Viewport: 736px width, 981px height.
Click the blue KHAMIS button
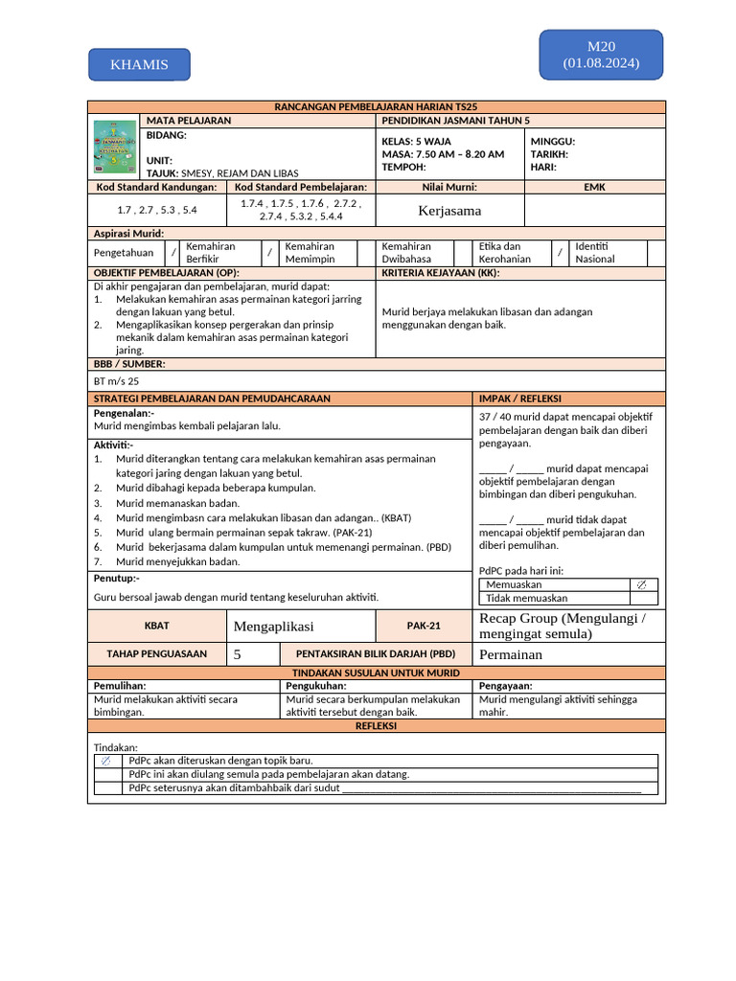coord(139,64)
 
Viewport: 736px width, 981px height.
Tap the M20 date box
coord(601,55)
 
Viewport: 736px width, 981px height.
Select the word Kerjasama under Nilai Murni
coord(449,210)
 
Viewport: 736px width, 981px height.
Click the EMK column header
coord(594,188)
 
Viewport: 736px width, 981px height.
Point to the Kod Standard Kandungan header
coord(154,188)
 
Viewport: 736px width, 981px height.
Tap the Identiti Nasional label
coord(595,253)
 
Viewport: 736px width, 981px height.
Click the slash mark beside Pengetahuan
coord(173,253)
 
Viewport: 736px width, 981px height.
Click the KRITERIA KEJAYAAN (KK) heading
coord(441,273)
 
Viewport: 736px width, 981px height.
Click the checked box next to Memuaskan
coord(641,584)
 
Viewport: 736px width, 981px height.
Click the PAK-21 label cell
coord(423,626)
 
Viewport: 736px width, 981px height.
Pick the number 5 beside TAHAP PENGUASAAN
coord(237,654)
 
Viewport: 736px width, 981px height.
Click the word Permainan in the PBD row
coord(511,654)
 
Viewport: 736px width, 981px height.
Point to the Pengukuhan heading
coord(316,686)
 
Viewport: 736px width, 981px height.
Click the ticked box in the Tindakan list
coord(106,761)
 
